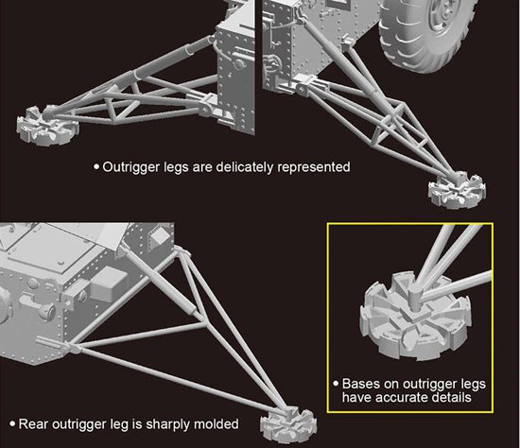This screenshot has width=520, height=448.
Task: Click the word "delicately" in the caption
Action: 245,166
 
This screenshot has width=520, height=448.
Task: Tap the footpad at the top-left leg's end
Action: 47,125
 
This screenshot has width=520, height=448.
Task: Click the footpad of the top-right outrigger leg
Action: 457,192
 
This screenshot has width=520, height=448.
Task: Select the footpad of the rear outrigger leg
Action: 287,423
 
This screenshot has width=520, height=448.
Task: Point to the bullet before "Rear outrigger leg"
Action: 12,423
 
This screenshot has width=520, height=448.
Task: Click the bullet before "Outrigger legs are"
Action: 96,166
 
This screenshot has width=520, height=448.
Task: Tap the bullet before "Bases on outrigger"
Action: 336,384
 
